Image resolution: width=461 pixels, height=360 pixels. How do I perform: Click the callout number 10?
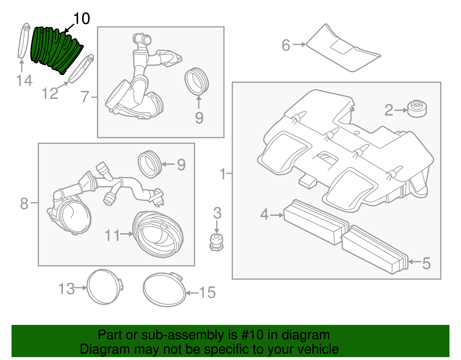coord(82,19)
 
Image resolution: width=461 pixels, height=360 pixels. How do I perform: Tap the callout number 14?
coord(24,80)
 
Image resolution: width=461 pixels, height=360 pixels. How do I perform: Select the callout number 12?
coord(50,94)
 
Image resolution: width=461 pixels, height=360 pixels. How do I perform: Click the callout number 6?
coord(286,45)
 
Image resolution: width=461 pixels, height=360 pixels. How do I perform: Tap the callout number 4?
coord(264,214)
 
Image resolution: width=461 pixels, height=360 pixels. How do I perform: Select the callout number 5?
coord(426,263)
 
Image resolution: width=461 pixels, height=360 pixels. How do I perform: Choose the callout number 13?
coord(67,289)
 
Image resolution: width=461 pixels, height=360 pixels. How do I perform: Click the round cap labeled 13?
coord(104,287)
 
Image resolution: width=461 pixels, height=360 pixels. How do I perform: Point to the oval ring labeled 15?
coord(164,289)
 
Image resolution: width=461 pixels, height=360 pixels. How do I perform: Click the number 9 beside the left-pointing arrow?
coord(181,165)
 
